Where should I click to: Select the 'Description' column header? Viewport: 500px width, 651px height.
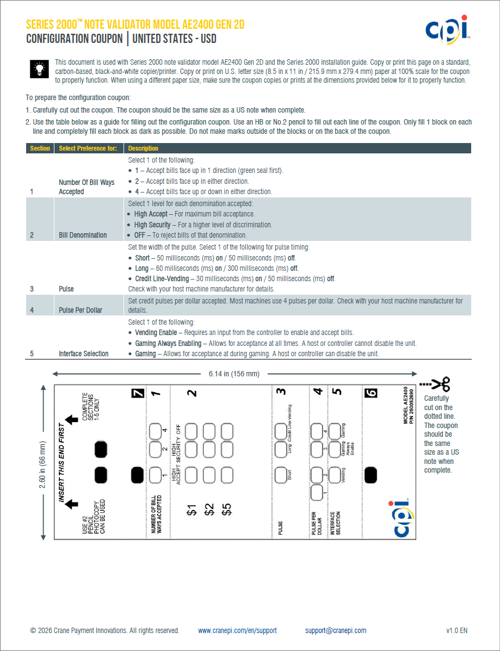(143, 148)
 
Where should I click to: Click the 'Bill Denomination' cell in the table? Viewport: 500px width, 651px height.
(83, 235)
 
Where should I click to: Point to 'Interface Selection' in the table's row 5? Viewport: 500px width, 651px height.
(83, 354)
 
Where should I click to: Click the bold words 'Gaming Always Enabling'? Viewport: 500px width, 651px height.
(168, 343)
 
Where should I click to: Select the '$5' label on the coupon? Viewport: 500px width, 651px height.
(227, 509)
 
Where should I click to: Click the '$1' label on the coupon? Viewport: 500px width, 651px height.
(192, 509)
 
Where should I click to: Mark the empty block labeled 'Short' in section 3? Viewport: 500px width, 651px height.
(281, 475)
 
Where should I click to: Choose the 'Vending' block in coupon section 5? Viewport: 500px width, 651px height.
(335, 475)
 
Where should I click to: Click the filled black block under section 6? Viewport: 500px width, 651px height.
(371, 475)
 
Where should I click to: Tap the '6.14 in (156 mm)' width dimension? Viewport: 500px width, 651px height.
(234, 374)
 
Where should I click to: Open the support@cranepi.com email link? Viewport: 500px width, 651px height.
(335, 630)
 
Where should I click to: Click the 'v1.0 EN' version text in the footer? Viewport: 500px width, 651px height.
(456, 630)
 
